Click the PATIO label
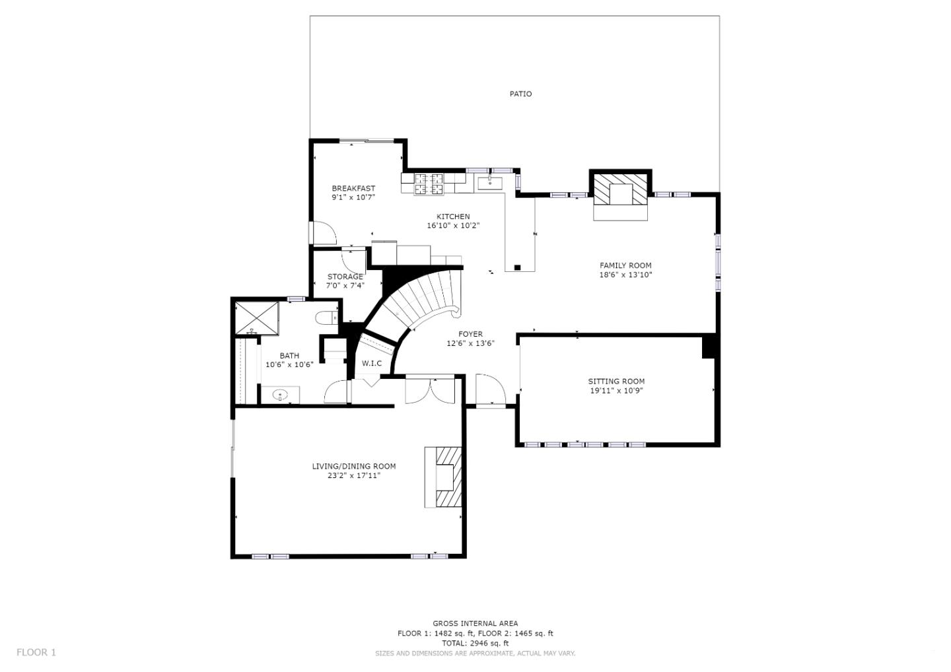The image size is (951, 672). pos(520,94)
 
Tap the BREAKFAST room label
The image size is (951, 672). pos(353,188)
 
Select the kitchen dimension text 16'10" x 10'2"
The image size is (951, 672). pos(453,226)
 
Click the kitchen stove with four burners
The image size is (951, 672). pos(428,184)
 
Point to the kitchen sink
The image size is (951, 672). pos(490,182)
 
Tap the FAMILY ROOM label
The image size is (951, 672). pos(625,265)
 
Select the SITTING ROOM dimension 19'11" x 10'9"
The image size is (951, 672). pos(616,391)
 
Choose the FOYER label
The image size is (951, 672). pos(470,334)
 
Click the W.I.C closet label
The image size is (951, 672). pos(372,364)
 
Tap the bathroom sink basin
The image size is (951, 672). pos(281,395)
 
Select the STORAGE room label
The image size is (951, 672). pos(345,277)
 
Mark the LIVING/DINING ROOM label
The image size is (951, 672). pos(354,466)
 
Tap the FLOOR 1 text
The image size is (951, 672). pos(36,652)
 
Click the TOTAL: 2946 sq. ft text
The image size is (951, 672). pos(475,643)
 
